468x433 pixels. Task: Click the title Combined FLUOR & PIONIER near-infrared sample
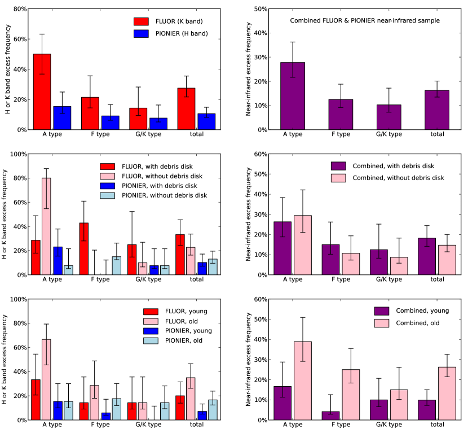365,21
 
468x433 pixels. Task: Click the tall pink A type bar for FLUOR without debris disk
46,226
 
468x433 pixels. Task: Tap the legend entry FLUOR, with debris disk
153,166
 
